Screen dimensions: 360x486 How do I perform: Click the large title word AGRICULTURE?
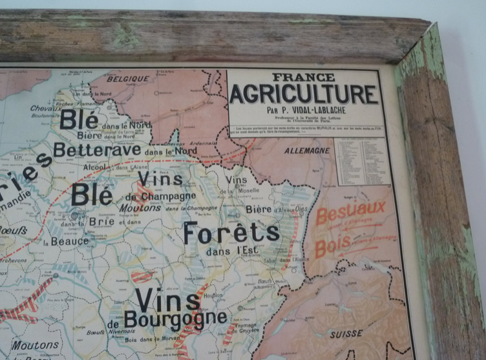point(303,94)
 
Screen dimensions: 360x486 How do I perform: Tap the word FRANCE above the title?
point(304,77)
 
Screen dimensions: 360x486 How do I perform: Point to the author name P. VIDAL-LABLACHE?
point(311,110)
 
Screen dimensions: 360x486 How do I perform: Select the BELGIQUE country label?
point(127,79)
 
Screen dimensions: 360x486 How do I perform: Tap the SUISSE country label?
point(346,335)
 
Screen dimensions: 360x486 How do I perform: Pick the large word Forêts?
point(231,233)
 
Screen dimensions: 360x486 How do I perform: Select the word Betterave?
point(97,150)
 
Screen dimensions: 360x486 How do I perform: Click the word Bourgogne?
point(175,319)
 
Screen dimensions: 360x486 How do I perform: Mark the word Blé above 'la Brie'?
point(92,193)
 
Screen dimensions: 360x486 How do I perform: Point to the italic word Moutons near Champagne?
point(140,208)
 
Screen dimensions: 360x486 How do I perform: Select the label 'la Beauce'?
point(66,242)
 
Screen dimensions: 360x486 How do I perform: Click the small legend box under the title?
point(362,161)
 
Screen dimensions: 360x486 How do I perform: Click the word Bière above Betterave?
point(89,136)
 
